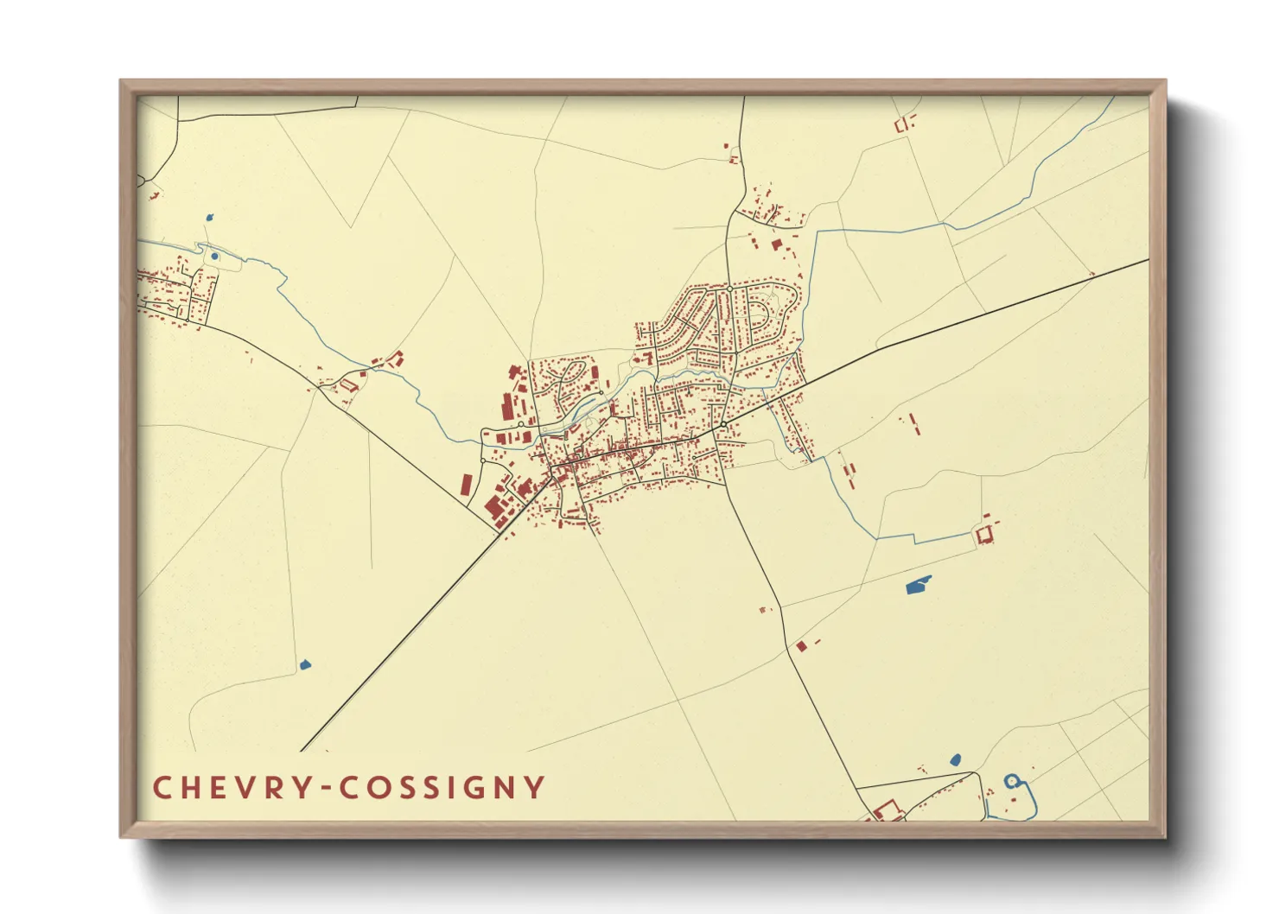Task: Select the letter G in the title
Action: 471,788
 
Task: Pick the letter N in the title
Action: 504,788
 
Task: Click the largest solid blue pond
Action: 919,586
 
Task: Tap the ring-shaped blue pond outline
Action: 1011,781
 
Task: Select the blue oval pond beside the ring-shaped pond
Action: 955,760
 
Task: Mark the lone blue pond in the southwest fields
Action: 303,664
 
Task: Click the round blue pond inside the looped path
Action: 214,256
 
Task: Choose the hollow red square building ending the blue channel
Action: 983,536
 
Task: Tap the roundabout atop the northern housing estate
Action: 729,288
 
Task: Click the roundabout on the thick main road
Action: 722,425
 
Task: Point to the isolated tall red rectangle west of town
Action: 467,485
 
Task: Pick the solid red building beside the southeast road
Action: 801,645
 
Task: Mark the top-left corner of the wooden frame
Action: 121,81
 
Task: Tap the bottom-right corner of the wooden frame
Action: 1165,836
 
